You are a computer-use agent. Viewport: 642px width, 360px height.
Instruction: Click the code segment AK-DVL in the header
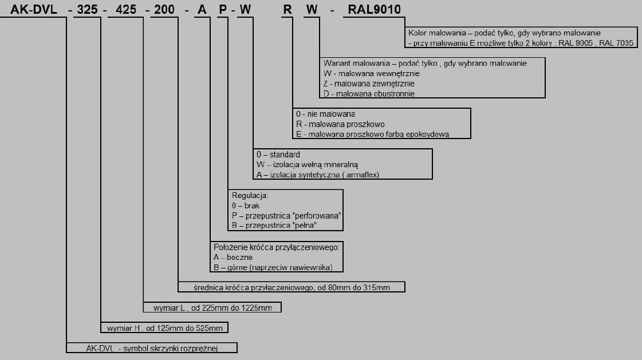click(x=34, y=9)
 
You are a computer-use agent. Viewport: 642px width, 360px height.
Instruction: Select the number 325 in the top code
click(x=87, y=9)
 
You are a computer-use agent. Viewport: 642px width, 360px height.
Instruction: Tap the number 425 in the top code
click(x=125, y=9)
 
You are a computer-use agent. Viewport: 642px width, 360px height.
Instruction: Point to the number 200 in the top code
click(x=164, y=9)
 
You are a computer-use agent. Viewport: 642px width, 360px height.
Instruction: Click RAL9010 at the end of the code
click(x=374, y=9)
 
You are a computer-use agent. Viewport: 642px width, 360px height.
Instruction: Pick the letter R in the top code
click(x=287, y=9)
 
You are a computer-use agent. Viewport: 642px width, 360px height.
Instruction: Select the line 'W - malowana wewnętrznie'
click(x=371, y=74)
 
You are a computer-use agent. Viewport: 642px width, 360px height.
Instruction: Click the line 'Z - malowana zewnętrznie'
click(x=369, y=84)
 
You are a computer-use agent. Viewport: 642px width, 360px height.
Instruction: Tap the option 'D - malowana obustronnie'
click(x=369, y=94)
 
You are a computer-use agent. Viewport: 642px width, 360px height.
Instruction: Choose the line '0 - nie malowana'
click(x=325, y=114)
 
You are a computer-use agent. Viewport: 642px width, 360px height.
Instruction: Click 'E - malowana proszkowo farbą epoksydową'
click(x=373, y=134)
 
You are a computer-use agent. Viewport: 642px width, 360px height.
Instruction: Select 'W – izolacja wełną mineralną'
click(x=307, y=165)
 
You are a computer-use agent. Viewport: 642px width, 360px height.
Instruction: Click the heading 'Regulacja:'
click(x=250, y=196)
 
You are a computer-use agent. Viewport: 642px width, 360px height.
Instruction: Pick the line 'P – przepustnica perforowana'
click(x=286, y=216)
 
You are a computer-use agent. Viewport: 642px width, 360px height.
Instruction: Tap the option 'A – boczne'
click(x=233, y=258)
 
